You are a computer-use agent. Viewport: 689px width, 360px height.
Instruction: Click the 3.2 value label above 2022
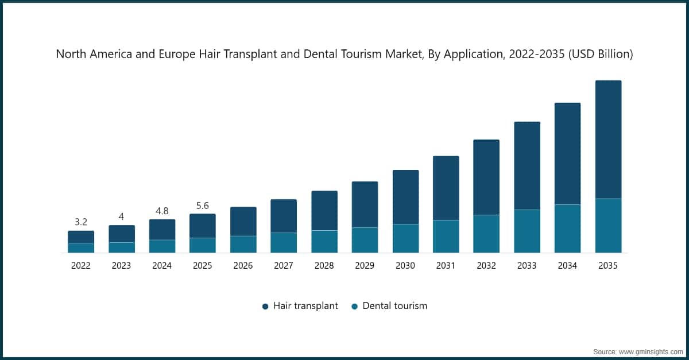pyautogui.click(x=81, y=222)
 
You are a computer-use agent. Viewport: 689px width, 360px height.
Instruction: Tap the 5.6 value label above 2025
pyautogui.click(x=202, y=205)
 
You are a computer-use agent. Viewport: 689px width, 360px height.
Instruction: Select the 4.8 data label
pyautogui.click(x=162, y=211)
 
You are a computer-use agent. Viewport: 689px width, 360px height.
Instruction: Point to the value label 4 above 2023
pyautogui.click(x=121, y=216)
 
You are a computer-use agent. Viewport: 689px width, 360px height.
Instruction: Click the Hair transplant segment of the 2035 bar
pyautogui.click(x=608, y=140)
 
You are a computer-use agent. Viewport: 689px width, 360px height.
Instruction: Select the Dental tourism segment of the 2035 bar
pyautogui.click(x=608, y=226)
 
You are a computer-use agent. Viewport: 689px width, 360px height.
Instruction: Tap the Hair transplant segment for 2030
pyautogui.click(x=405, y=197)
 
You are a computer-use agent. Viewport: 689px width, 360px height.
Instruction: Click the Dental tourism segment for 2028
pyautogui.click(x=324, y=242)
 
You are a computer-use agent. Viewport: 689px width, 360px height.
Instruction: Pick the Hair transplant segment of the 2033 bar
pyautogui.click(x=527, y=165)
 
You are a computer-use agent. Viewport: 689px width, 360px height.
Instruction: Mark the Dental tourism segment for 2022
pyautogui.click(x=81, y=248)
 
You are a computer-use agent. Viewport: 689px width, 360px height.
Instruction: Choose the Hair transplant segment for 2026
pyautogui.click(x=243, y=221)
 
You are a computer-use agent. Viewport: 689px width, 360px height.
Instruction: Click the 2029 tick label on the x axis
pyautogui.click(x=365, y=266)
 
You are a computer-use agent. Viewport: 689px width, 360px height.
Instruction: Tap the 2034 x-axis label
pyautogui.click(x=567, y=266)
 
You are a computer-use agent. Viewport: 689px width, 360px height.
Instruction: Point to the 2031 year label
pyautogui.click(x=446, y=266)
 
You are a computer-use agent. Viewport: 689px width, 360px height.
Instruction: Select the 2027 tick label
pyautogui.click(x=284, y=266)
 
